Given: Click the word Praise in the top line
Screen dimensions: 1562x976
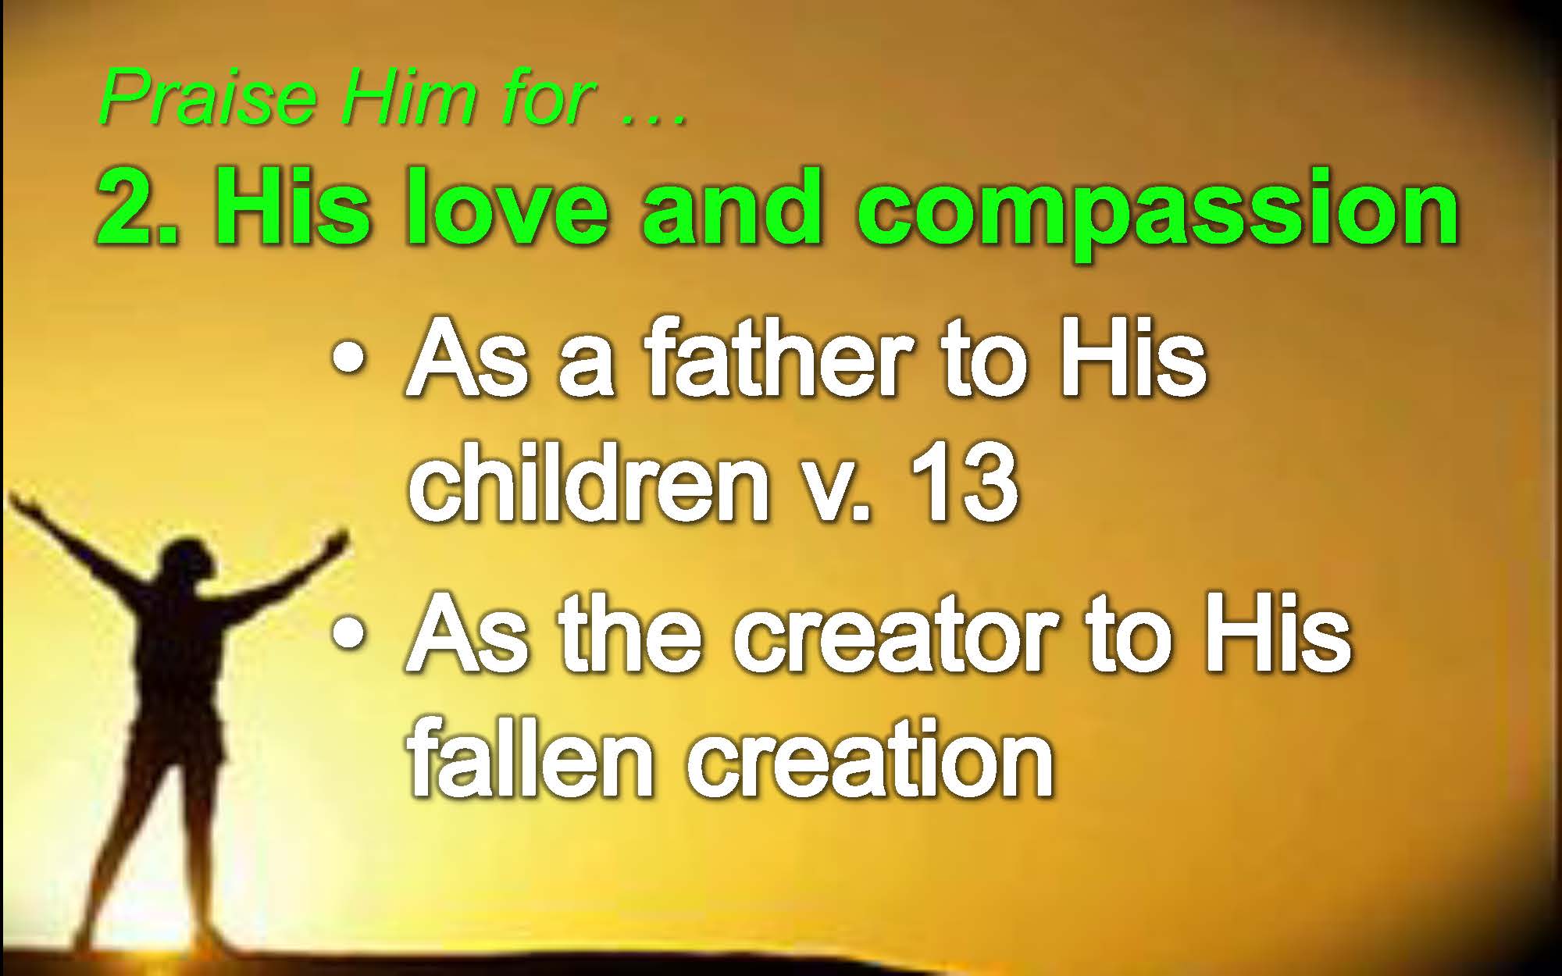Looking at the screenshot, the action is click(x=208, y=98).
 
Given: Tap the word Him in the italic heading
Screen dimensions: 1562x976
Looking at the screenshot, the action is click(x=410, y=98).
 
